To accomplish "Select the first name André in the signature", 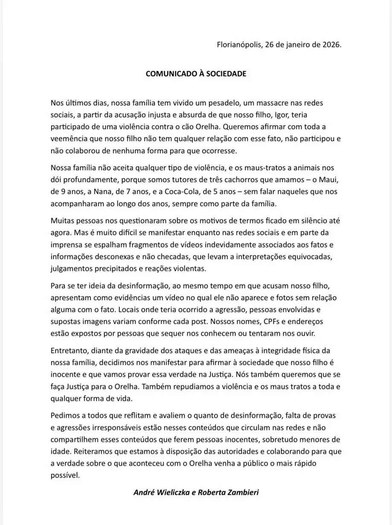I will pyautogui.click(x=145, y=492).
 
